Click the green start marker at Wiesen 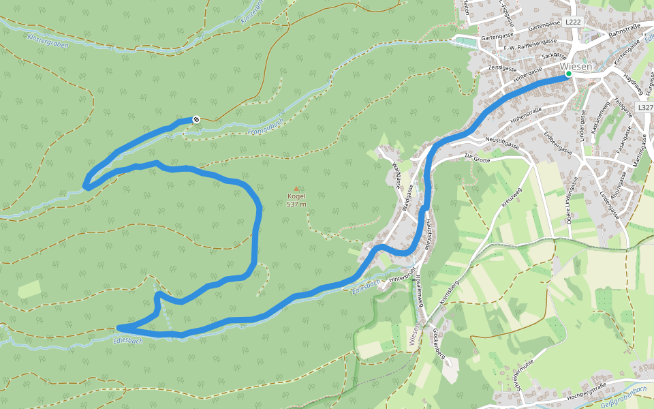pyautogui.click(x=568, y=74)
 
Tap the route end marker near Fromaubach pyautogui.click(x=196, y=119)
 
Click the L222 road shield pyautogui.click(x=573, y=22)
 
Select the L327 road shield pyautogui.click(x=644, y=108)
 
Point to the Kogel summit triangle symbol pyautogui.click(x=296, y=189)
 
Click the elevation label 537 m pyautogui.click(x=296, y=204)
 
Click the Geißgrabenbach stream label pyautogui.click(x=624, y=397)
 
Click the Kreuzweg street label pyautogui.click(x=511, y=197)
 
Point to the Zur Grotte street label pyautogui.click(x=477, y=157)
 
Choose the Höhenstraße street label pyautogui.click(x=526, y=110)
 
